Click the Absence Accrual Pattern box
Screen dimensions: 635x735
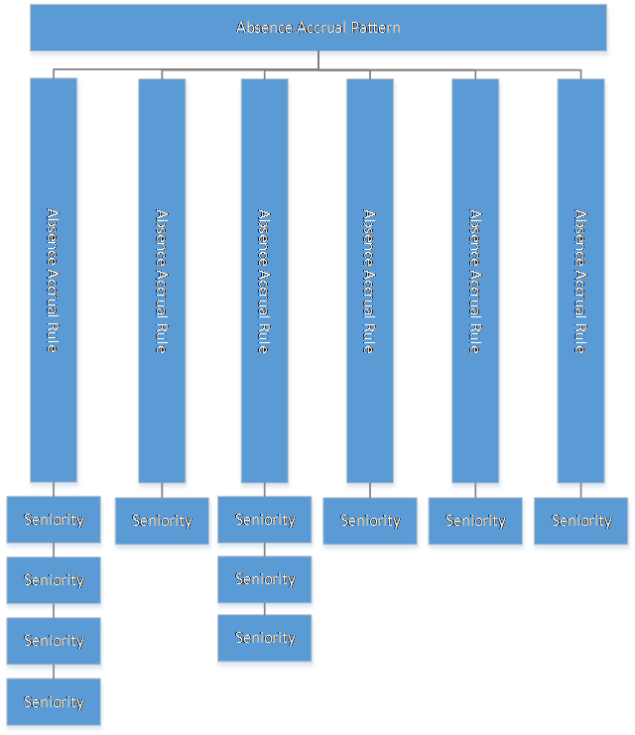[318, 28]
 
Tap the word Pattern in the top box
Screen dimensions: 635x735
[376, 28]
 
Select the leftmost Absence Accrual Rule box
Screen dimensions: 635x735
[54, 280]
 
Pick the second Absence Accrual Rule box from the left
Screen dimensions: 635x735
[162, 281]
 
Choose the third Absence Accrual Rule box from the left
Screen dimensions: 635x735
[265, 281]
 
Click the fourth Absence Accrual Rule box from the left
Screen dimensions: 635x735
[370, 281]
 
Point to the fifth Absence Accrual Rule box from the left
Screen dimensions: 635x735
[475, 281]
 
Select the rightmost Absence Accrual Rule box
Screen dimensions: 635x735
[581, 281]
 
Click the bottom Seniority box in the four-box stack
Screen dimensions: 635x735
[54, 701]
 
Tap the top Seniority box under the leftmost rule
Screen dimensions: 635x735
[54, 520]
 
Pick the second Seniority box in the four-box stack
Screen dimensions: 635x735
[54, 580]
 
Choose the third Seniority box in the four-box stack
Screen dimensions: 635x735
[54, 641]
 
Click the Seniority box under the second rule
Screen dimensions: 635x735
[162, 521]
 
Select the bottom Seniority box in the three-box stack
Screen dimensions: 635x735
[265, 638]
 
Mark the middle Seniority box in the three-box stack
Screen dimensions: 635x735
[265, 579]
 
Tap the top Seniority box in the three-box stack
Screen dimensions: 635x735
[265, 520]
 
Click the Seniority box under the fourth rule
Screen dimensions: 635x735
[370, 521]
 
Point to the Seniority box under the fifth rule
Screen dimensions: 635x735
[475, 521]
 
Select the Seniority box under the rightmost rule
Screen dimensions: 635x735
[581, 521]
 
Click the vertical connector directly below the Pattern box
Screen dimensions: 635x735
[318, 60]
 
